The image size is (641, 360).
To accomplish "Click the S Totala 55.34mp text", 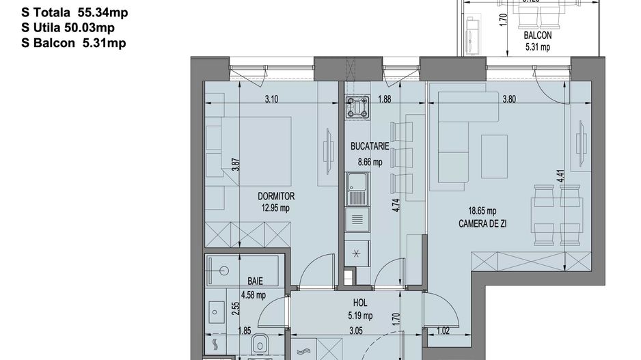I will coord(75,12).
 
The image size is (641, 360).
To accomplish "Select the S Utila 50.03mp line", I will coord(68,27).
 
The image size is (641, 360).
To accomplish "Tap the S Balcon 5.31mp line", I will coord(74,42).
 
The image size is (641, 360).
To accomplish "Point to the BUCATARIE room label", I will coord(370,146).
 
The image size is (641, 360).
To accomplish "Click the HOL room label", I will coord(362,303).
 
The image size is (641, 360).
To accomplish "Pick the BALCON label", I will coord(538,36).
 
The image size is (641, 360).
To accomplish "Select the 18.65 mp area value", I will coord(482,211).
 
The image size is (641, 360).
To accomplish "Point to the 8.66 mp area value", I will coord(370,162).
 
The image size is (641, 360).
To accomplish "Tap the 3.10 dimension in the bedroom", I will coord(271,99).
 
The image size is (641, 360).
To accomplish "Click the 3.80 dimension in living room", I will coord(508,99).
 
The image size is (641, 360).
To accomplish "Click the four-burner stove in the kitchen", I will coord(358,107).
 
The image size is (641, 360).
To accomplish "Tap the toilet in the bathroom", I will coord(261,346).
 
